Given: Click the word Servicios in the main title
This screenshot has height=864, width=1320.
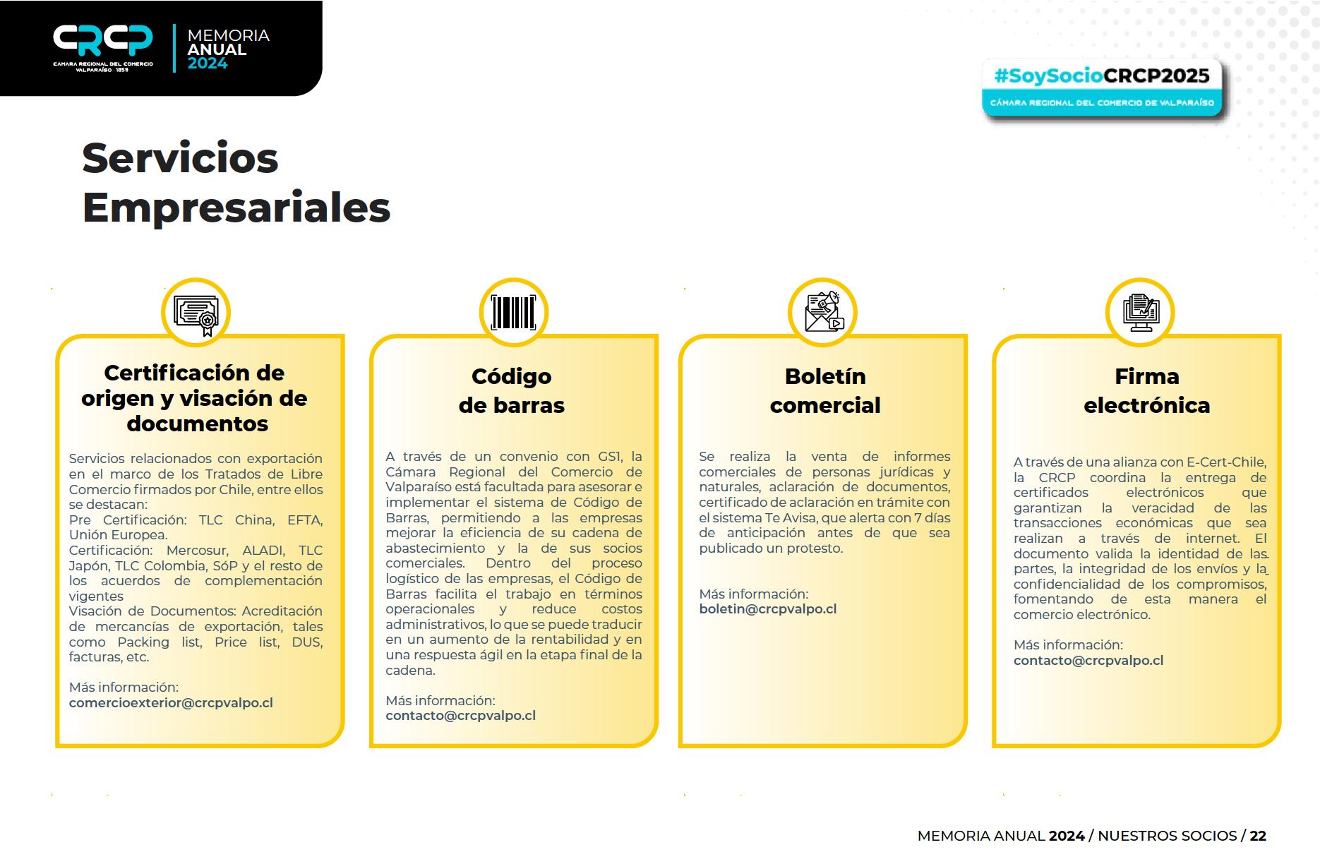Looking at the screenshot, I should [x=180, y=157].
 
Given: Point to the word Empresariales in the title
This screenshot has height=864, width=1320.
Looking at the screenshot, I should [x=236, y=208].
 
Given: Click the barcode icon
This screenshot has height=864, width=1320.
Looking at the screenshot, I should [x=513, y=313].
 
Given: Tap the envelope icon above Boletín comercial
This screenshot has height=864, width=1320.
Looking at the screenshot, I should [x=822, y=313].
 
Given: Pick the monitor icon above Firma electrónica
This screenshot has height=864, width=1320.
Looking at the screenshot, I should [x=1139, y=313].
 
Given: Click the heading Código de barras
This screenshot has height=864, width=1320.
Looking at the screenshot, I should [x=512, y=390].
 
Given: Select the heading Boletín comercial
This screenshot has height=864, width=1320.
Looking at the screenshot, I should [x=825, y=390].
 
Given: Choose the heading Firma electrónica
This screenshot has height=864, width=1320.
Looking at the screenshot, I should [x=1146, y=390].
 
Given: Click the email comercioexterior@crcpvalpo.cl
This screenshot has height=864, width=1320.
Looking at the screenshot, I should [x=171, y=703].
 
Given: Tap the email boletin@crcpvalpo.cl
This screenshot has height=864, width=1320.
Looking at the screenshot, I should [x=768, y=609].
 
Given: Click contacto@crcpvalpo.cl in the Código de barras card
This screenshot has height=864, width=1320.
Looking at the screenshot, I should [x=460, y=716].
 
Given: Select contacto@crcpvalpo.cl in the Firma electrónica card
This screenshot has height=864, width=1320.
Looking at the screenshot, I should [x=1088, y=661].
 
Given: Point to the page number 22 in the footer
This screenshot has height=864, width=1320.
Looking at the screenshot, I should [x=1258, y=836].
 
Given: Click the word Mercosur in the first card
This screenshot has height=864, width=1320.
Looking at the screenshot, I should [x=197, y=551].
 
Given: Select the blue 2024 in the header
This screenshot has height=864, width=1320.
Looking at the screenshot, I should [x=208, y=64].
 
